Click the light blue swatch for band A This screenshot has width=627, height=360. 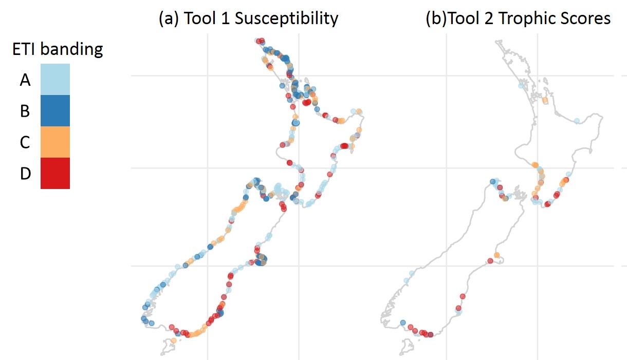point(55,79)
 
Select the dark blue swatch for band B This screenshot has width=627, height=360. point(55,110)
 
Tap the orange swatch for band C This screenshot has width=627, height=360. point(55,142)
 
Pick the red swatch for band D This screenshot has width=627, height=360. point(55,173)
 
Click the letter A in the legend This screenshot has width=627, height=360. point(25,80)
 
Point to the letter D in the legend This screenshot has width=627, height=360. point(25,174)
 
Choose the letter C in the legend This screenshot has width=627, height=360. point(25,142)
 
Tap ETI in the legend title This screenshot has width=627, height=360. point(24,49)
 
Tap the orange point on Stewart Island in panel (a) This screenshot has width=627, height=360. point(174,340)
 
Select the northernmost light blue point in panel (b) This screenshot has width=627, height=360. point(520,86)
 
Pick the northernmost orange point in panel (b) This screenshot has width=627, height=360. point(545,101)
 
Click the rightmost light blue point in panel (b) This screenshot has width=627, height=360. point(577,121)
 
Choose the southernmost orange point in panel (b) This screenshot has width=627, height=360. point(496,255)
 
